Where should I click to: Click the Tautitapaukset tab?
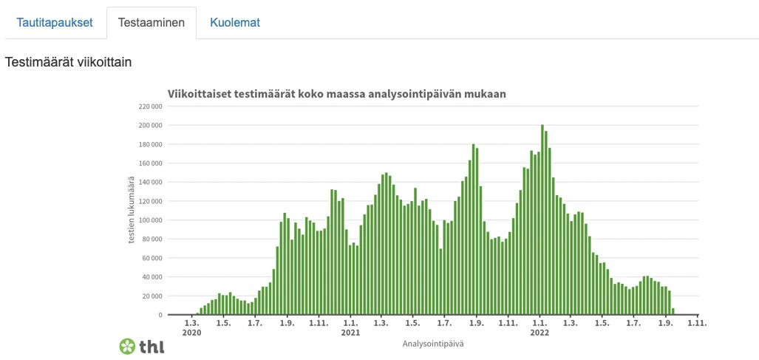(55, 22)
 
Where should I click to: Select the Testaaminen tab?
(152, 22)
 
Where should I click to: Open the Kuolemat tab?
(234, 22)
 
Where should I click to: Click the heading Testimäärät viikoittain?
(68, 62)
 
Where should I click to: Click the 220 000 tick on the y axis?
(149, 106)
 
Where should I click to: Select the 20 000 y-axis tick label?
(152, 296)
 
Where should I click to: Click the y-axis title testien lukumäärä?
(132, 210)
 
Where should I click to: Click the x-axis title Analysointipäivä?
(432, 344)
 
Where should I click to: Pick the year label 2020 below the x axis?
(191, 333)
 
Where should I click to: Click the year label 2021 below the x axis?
(350, 333)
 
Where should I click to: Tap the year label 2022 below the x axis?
(540, 333)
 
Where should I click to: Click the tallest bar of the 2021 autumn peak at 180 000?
(473, 230)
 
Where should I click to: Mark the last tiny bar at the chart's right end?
(673, 311)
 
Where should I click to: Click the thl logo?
(141, 345)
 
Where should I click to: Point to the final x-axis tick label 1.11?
(698, 323)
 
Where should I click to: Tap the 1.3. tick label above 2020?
(191, 323)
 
